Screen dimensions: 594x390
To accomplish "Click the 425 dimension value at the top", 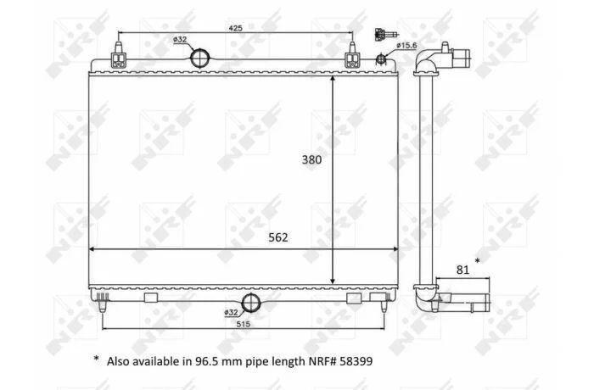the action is pos(235,28).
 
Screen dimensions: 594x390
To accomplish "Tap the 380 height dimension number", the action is pos(311,159).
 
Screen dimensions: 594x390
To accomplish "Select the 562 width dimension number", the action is pos(278,237).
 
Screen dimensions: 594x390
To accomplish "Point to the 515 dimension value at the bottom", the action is pos(244,324).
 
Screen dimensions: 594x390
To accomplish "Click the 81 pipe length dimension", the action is pos(462,270).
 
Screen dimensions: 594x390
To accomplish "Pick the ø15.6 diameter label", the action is pos(406,46).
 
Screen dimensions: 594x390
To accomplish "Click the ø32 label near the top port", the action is pos(180,39).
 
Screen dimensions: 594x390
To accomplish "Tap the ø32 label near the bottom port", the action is pos(231,312).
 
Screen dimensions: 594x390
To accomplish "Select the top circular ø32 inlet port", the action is pos(199,58).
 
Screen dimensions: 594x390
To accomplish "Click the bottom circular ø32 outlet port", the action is pos(251,303).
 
